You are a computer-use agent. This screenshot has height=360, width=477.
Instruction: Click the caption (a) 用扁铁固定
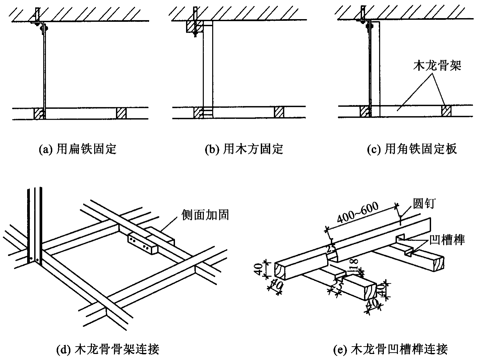[x=77, y=149]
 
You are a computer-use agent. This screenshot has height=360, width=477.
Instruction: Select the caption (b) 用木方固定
[x=244, y=149]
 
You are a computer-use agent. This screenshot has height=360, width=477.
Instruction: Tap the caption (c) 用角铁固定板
[x=412, y=149]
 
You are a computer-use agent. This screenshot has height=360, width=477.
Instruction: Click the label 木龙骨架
[x=437, y=65]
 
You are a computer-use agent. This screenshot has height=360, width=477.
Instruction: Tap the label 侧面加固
[x=205, y=215]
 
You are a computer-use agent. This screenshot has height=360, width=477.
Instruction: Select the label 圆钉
[x=424, y=204]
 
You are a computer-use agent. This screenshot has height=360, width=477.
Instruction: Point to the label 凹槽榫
[x=447, y=240]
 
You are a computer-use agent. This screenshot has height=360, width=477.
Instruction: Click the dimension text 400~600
[x=358, y=212]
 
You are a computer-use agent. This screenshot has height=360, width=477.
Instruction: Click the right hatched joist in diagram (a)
[x=121, y=113]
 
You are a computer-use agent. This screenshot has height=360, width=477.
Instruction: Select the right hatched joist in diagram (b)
[x=279, y=112]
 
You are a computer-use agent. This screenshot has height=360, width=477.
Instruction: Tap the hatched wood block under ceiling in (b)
[x=195, y=26]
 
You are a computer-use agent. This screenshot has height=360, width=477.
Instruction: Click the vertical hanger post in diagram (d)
[x=35, y=226]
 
